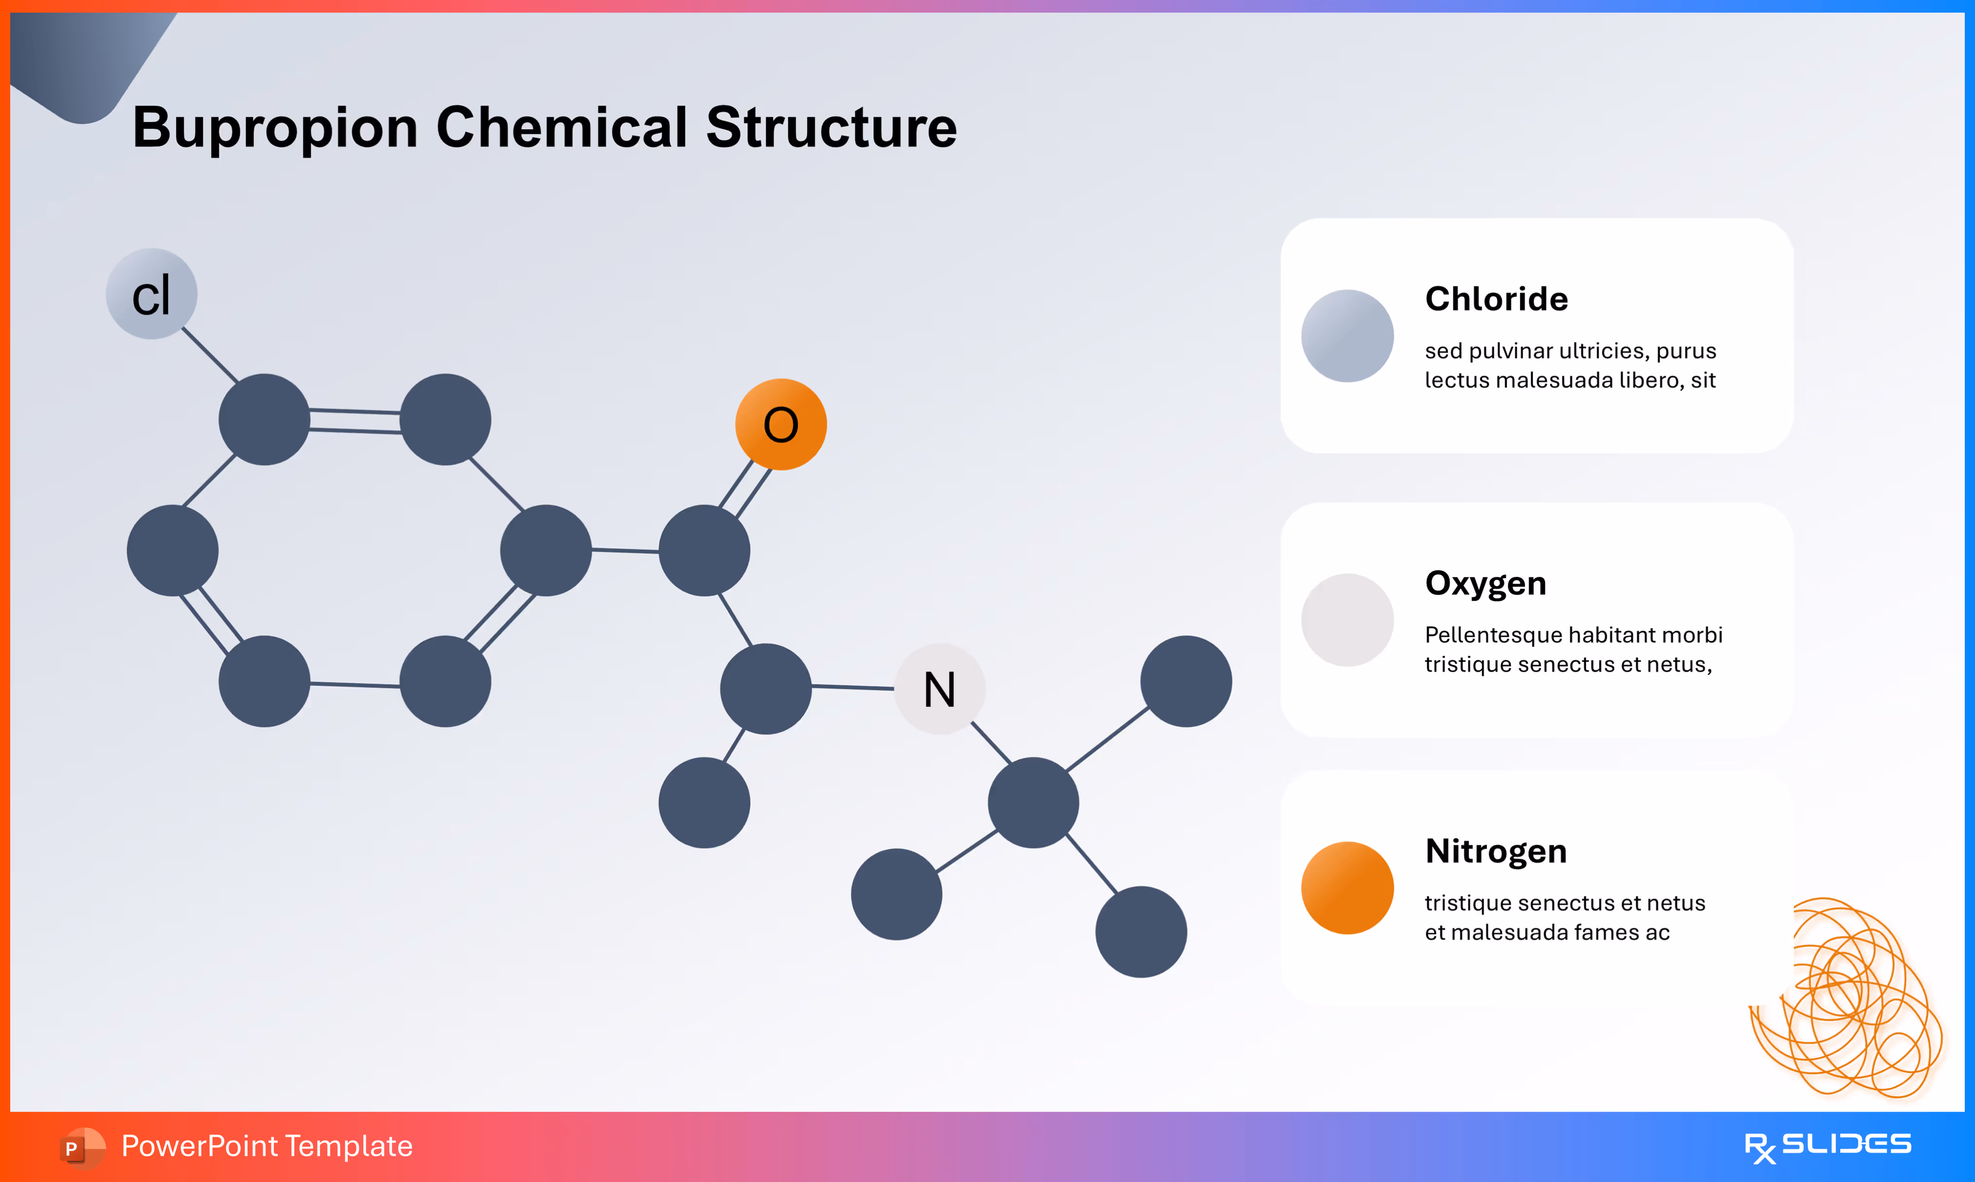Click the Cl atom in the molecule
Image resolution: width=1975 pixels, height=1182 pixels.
point(151,294)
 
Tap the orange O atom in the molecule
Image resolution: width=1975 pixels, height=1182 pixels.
point(780,425)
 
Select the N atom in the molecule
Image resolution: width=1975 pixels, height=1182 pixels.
point(940,689)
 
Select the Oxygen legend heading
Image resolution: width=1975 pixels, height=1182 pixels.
point(1485,583)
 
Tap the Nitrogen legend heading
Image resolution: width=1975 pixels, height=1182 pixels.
point(1495,851)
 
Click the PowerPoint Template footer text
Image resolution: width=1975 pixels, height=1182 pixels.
point(267,1146)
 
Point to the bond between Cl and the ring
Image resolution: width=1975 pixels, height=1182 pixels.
point(210,355)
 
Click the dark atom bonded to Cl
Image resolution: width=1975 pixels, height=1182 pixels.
point(265,420)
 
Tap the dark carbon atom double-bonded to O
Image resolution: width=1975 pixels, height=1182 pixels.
point(704,550)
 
